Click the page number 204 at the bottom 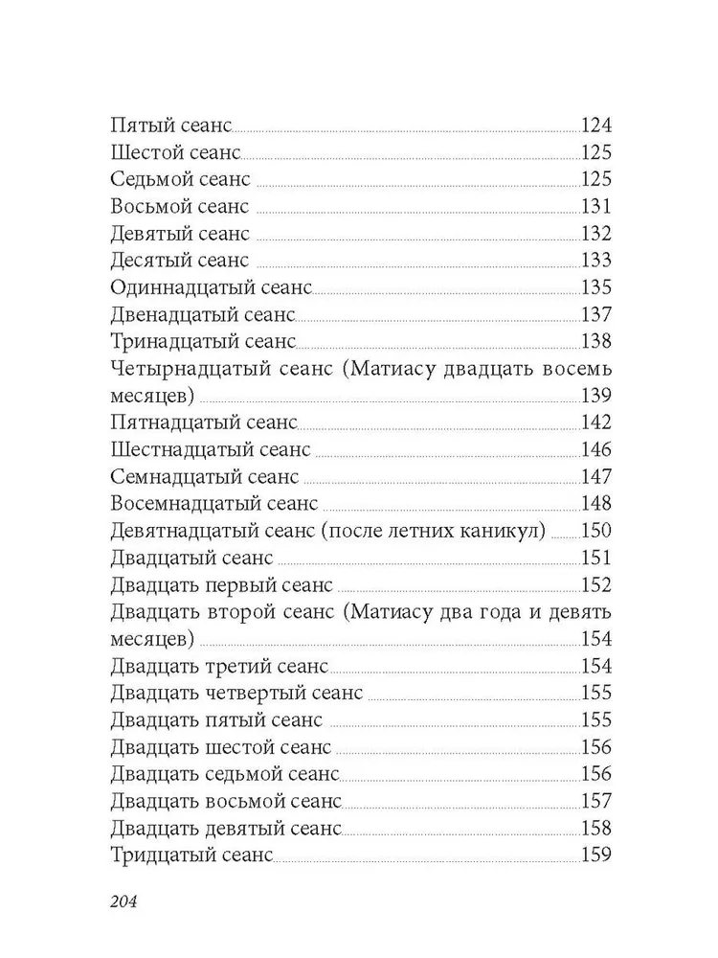click(x=125, y=901)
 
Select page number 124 click(x=596, y=125)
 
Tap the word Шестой click(x=146, y=152)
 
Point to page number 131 click(x=596, y=206)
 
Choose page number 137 click(x=596, y=314)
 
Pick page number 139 click(x=596, y=396)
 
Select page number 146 click(x=596, y=449)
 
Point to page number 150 click(x=596, y=531)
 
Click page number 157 click(x=596, y=801)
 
